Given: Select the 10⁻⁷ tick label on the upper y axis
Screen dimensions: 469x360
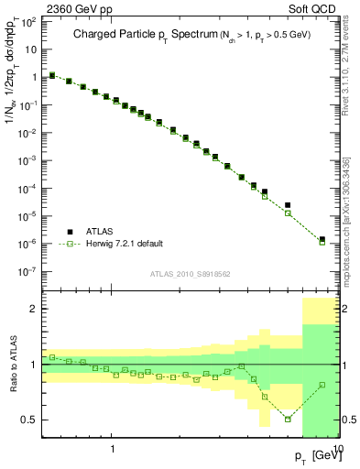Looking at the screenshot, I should [x=28, y=272].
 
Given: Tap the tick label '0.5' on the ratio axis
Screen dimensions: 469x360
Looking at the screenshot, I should [x=29, y=420].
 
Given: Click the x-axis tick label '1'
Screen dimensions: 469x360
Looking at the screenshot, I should [x=113, y=450].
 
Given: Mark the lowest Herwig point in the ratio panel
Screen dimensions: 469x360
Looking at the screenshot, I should [x=288, y=419].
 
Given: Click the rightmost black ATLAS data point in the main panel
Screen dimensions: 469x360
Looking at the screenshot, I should [x=322, y=239].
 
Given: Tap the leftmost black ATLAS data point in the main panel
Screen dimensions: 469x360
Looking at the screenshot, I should [x=52, y=75].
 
